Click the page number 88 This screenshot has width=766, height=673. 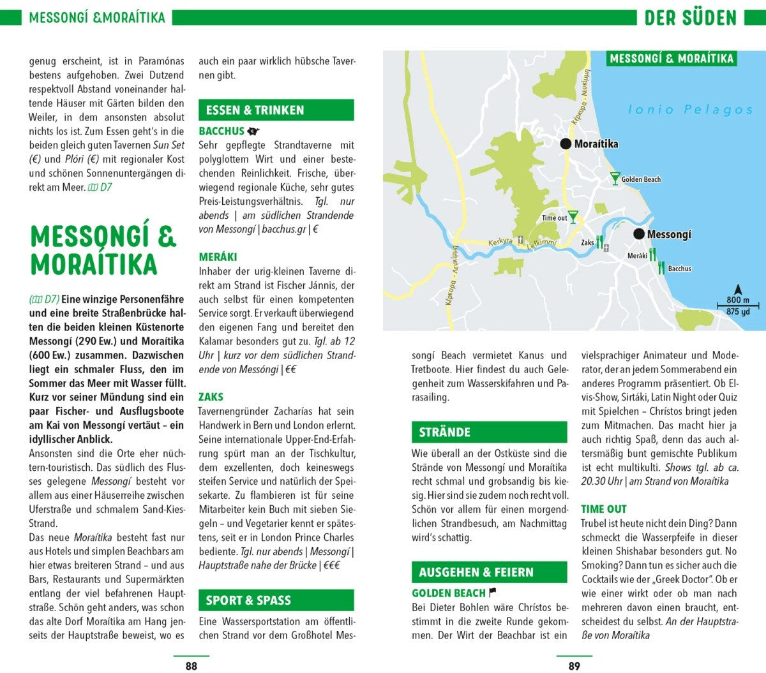191,666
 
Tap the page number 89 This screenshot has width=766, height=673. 574,666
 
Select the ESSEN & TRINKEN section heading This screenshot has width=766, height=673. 255,110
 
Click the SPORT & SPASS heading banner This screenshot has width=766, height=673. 248,600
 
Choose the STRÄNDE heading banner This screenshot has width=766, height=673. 445,433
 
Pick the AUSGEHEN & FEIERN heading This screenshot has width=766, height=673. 476,572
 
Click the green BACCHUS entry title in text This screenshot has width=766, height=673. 222,131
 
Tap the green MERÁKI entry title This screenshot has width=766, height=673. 218,256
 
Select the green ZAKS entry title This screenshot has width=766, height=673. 211,397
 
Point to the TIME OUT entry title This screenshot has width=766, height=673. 603,509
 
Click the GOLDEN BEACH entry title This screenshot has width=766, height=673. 449,593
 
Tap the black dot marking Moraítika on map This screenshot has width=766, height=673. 566,144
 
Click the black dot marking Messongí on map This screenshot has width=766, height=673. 639,234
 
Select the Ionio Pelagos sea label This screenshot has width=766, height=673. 690,110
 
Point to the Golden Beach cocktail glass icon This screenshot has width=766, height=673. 615,178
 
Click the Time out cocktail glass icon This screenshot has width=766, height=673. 573,217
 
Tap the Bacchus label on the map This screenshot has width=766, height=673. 679,269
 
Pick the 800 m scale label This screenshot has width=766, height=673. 737,300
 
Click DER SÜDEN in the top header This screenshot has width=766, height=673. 690,17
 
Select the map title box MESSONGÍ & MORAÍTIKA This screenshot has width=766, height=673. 672,59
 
